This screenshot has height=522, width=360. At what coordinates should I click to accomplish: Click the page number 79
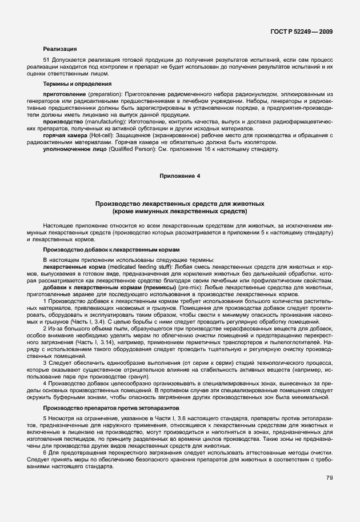tap(330, 478)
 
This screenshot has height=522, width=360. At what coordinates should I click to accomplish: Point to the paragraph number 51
tap(46, 60)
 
